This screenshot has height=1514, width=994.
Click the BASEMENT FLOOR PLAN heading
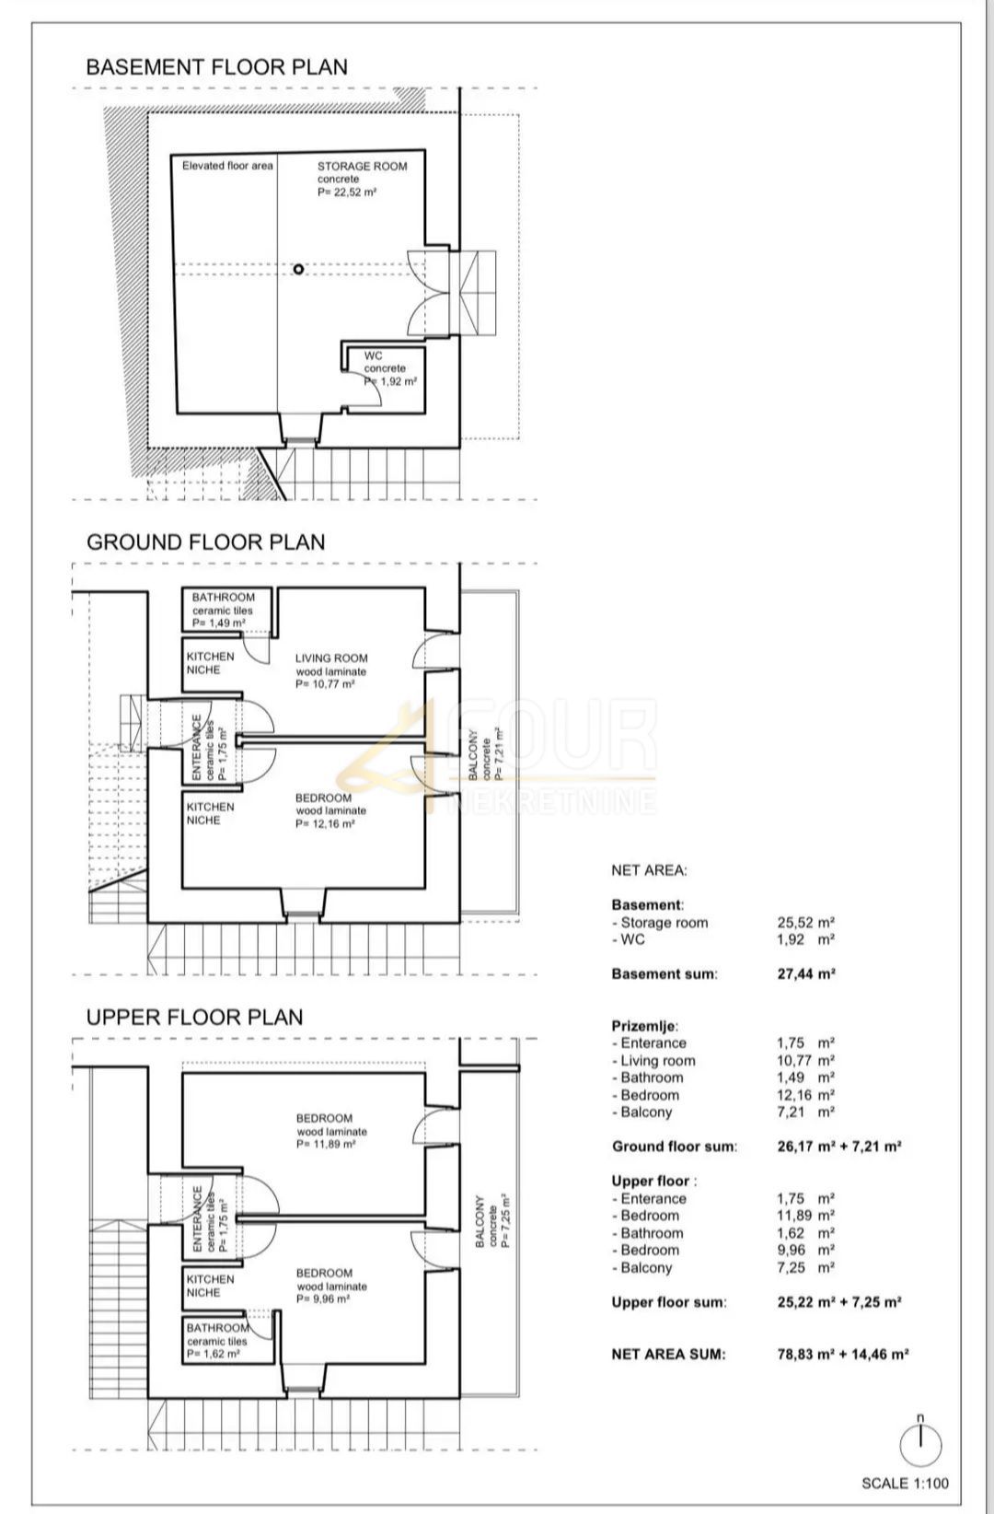coord(217,67)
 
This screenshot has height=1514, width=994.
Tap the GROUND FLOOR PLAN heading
coord(206,542)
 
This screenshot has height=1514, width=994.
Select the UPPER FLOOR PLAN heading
coord(194,1018)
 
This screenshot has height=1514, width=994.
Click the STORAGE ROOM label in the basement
coord(362,167)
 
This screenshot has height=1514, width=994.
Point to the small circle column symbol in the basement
coord(298,269)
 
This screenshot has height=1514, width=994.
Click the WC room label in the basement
coord(373,356)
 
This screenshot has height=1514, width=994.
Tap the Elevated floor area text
coord(227,166)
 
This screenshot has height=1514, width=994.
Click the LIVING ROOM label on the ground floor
coord(331,658)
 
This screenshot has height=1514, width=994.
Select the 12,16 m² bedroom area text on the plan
coord(325,824)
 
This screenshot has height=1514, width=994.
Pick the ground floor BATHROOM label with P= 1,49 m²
coord(223,598)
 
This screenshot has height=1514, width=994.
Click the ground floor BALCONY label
coord(473,755)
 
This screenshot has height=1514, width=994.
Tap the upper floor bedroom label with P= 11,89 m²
coord(324,1119)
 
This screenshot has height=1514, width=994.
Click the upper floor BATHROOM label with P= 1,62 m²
coord(217,1328)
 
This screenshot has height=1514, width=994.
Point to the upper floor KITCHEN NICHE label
coord(210,1286)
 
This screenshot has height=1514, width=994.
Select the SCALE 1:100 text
coord(905,1484)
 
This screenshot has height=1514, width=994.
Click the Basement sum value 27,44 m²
coord(806,974)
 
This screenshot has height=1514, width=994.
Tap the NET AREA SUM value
coord(843,1354)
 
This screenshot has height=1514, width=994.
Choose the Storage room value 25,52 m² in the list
coord(806,923)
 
